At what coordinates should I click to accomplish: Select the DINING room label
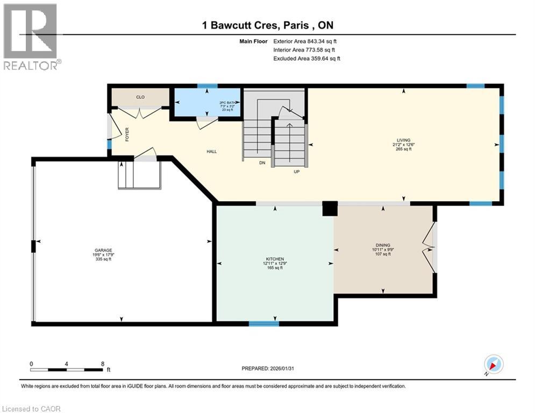(383, 245)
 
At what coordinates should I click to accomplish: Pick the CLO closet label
(140, 97)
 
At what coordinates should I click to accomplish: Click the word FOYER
(127, 134)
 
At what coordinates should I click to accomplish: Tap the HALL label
(212, 152)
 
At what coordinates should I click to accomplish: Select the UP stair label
(296, 172)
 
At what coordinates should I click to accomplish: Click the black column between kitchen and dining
(329, 209)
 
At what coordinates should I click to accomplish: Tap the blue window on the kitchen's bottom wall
(263, 324)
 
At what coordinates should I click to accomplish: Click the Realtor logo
(31, 37)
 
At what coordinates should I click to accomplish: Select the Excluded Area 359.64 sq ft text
(307, 59)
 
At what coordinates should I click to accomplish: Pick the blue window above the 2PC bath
(207, 86)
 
